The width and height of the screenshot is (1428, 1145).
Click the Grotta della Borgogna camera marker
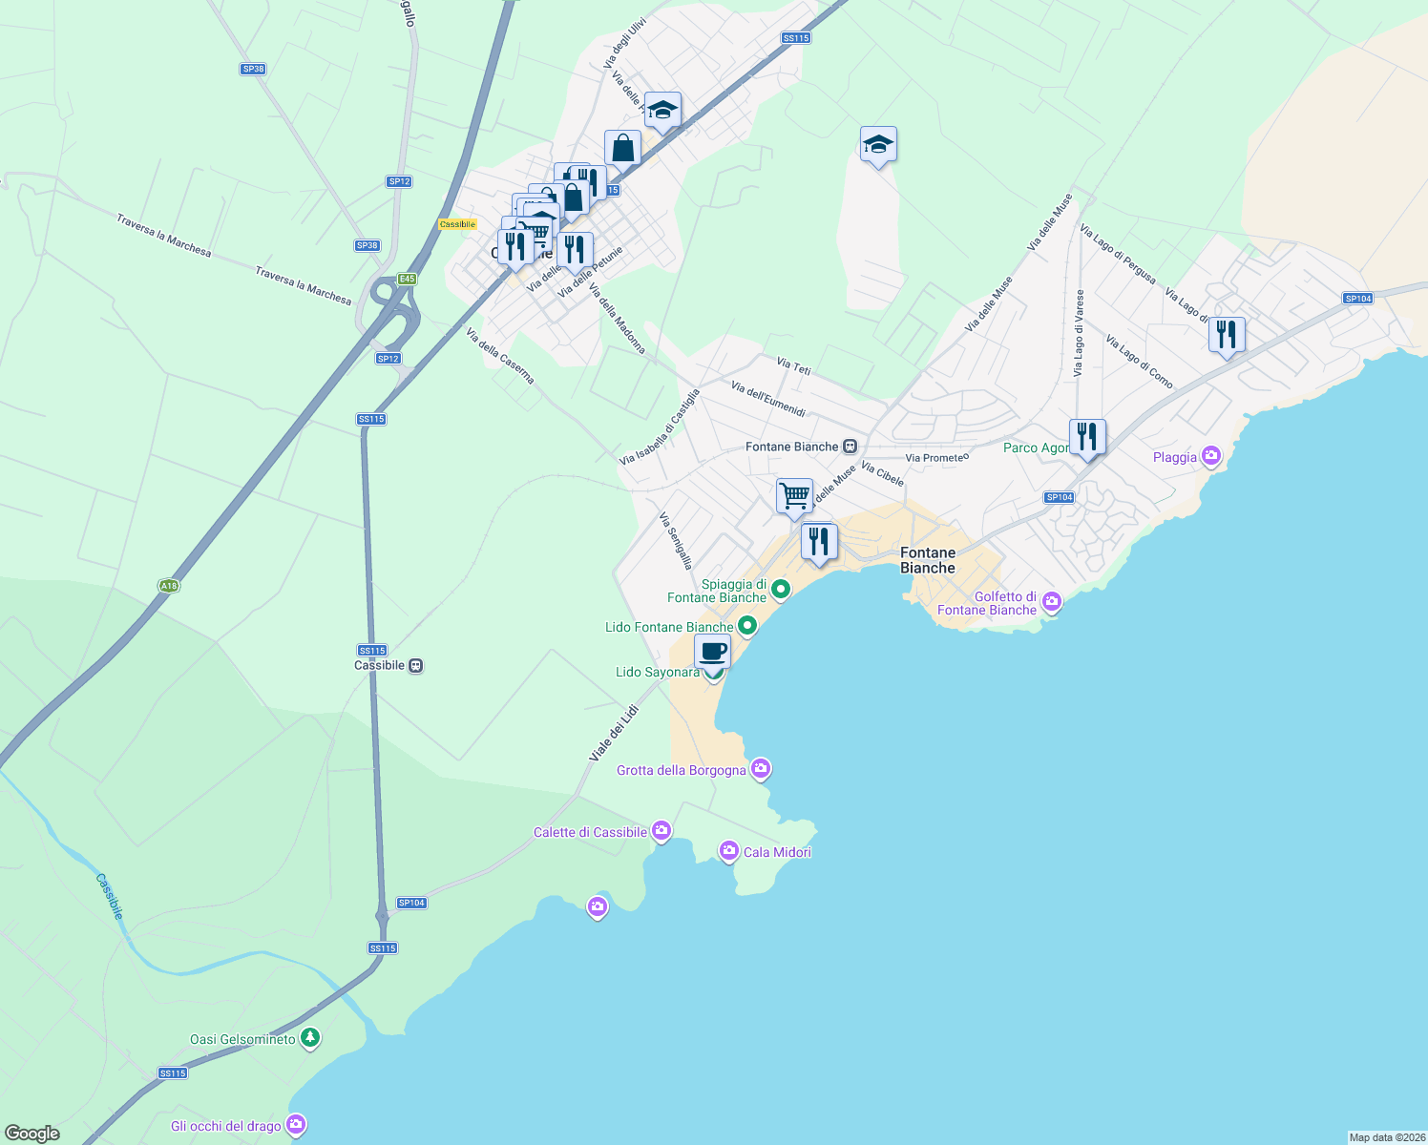coord(761,768)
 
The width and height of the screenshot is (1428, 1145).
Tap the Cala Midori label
coord(777,852)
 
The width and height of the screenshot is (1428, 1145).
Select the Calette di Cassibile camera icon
coord(661,831)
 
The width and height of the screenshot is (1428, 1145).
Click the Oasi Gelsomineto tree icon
coord(309,1038)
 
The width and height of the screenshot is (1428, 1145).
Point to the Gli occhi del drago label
coord(226,1126)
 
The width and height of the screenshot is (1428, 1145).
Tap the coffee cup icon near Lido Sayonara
coord(712,652)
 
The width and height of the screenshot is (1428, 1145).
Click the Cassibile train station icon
coord(415,665)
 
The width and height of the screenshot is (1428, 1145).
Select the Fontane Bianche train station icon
coord(850,447)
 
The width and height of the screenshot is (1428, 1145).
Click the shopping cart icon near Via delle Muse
coord(794,496)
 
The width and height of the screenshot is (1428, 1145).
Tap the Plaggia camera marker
coord(1211,456)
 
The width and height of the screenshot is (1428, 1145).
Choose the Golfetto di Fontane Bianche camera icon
coord(1052,601)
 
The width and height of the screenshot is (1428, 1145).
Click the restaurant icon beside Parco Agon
coord(1087,437)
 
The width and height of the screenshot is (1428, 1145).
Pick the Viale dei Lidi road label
coord(613,733)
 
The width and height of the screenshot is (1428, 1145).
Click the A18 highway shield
coord(168,586)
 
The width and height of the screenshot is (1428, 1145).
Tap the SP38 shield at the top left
coord(253,69)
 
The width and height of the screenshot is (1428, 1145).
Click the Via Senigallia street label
coord(676,541)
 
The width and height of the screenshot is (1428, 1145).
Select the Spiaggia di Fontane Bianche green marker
coord(781,590)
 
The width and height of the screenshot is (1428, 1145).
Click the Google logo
coord(32,1134)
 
